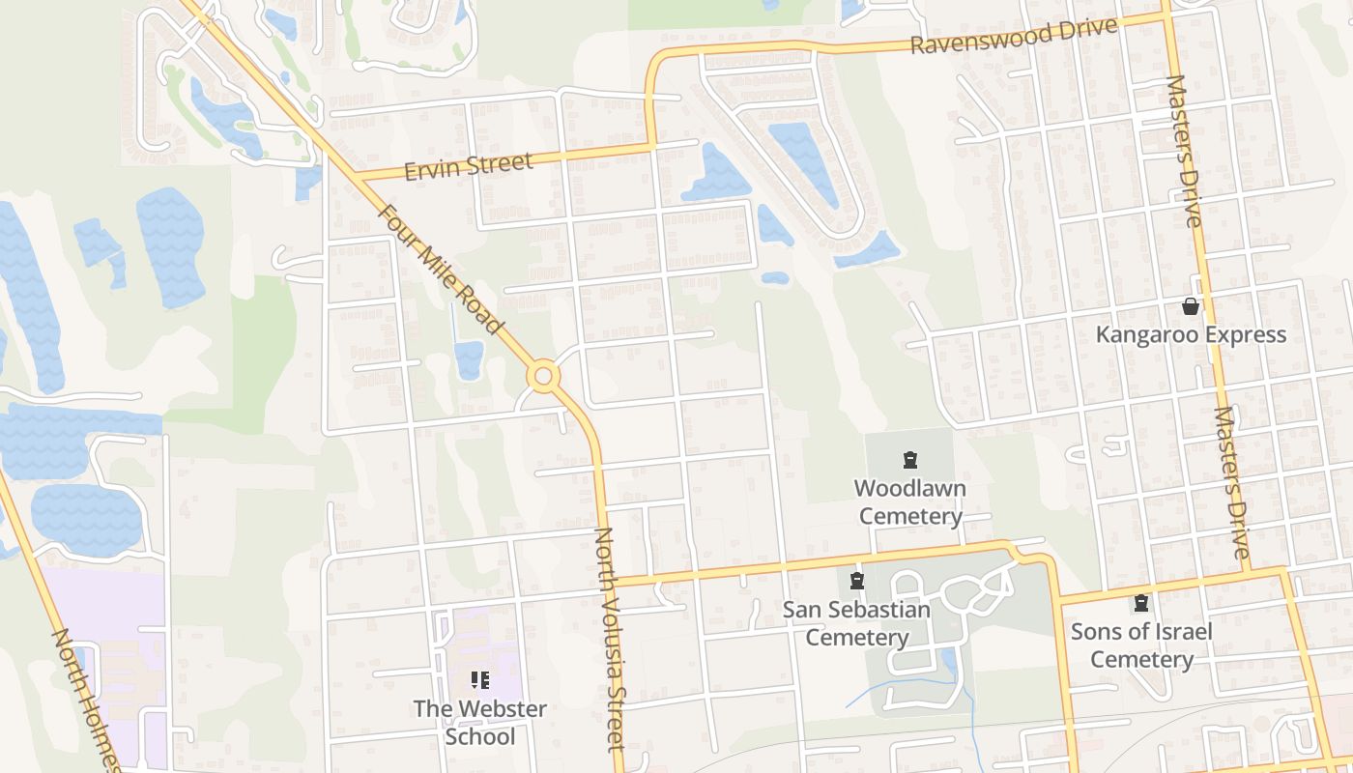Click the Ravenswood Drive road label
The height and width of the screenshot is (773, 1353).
(x=1014, y=36)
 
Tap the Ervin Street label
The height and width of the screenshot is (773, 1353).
(x=469, y=166)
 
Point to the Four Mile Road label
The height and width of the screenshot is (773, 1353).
(x=440, y=270)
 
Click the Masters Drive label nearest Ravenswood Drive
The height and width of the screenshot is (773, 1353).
(x=1184, y=151)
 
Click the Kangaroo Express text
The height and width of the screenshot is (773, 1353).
(x=1191, y=335)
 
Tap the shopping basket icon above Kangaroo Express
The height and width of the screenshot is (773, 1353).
(x=1191, y=306)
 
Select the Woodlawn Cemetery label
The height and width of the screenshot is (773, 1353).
(x=910, y=501)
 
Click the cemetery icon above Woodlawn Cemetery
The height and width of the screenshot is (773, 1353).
(x=909, y=459)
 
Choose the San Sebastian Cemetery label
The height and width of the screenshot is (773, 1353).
(x=856, y=623)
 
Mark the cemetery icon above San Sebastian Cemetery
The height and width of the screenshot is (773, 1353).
(x=856, y=581)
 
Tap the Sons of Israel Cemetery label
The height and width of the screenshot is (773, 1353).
(x=1141, y=645)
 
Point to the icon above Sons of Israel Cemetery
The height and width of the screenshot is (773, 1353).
(x=1141, y=603)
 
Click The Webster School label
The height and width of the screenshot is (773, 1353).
(x=480, y=722)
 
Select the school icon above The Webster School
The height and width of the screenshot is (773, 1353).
(x=480, y=680)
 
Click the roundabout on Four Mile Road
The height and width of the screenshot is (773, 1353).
(x=543, y=376)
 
